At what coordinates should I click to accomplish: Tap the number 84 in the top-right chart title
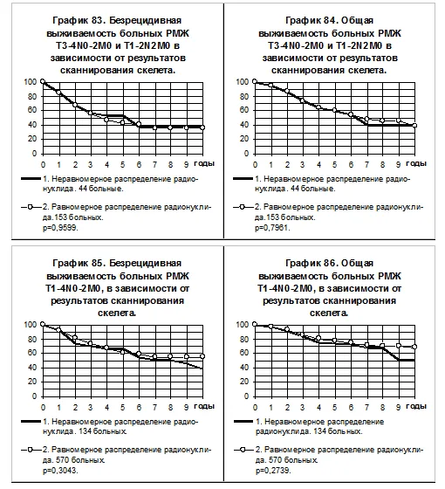click(331, 21)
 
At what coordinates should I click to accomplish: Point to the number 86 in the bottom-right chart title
click(331, 263)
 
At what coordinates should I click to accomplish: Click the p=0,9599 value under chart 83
click(60, 228)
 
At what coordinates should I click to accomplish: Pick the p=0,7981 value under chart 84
click(272, 228)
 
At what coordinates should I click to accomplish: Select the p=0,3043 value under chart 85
click(60, 471)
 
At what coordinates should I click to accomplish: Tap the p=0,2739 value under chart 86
click(273, 471)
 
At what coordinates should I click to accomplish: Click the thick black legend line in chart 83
click(31, 179)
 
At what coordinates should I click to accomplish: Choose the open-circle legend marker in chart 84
click(243, 207)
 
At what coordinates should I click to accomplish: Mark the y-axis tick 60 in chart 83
click(32, 110)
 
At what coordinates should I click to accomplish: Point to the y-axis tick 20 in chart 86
click(244, 382)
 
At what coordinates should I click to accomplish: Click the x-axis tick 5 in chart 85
click(122, 407)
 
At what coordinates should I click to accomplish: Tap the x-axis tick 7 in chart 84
click(366, 165)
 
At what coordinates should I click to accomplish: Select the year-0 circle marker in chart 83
click(43, 82)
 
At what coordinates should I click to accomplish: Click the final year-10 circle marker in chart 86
click(414, 347)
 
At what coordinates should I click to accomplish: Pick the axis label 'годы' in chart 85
click(204, 406)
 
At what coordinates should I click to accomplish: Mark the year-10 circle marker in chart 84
click(414, 126)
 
